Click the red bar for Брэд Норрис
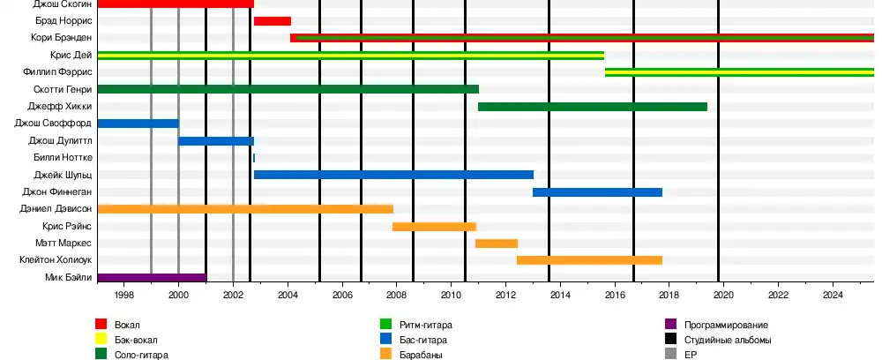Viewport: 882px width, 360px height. [272, 20]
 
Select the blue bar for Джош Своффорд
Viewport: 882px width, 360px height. [138, 124]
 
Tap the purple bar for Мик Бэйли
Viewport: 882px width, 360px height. [152, 278]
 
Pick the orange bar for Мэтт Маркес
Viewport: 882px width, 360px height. [496, 244]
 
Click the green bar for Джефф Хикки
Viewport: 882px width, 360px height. [592, 107]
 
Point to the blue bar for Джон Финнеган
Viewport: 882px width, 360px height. [597, 192]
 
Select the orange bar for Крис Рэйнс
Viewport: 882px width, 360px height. [434, 227]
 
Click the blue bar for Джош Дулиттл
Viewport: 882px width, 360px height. [216, 141]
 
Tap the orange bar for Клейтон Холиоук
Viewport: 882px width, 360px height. [589, 260]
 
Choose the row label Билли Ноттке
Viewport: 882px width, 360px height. [61, 158]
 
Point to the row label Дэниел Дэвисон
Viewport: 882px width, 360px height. [56, 209]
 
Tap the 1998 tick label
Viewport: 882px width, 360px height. [123, 296]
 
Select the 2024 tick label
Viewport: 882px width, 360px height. [833, 296]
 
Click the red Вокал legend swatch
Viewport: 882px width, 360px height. [101, 326]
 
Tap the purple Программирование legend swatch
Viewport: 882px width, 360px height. [669, 326]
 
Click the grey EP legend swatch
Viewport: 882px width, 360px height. [669, 354]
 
